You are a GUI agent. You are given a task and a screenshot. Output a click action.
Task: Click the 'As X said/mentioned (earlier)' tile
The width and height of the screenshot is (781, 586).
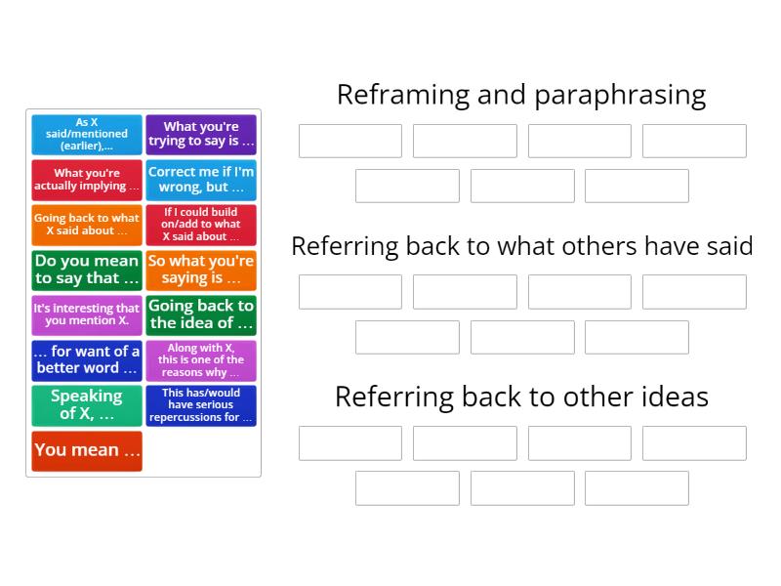pos(87,135)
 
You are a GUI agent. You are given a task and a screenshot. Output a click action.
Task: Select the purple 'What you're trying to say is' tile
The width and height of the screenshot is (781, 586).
pos(201,135)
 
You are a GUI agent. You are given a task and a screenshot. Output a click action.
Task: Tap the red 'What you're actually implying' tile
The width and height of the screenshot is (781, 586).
pos(87,180)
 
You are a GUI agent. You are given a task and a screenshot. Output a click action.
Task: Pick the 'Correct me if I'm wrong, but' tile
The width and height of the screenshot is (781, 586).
pos(201,180)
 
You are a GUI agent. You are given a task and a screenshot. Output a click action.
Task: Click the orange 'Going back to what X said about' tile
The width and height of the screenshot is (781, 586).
pos(87,225)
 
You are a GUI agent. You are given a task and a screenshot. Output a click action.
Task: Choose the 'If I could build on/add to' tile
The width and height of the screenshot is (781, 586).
pos(201,225)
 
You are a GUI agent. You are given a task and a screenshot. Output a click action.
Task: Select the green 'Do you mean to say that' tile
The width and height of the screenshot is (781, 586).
pos(87,270)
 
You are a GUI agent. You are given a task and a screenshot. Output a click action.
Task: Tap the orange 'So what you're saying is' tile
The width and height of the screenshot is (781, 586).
pos(201,270)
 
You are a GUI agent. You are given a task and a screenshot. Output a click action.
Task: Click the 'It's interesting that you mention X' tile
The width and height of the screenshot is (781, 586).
pos(87,314)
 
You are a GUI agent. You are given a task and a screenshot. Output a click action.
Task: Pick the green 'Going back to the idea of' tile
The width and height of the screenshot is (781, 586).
pos(201,314)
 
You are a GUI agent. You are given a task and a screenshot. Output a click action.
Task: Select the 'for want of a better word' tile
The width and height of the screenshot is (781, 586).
pos(87,359)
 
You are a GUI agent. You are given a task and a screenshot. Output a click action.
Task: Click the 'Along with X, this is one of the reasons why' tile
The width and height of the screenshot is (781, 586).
pos(201,359)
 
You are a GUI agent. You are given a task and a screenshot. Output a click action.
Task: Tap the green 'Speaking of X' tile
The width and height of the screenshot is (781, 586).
pos(87,405)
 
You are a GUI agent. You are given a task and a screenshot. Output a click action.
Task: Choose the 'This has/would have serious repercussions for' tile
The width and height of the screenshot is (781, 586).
pos(201,405)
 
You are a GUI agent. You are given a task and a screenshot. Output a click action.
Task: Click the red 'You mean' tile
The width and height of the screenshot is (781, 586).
pos(87,450)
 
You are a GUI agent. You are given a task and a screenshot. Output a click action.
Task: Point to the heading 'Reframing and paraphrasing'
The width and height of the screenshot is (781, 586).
pos(521,95)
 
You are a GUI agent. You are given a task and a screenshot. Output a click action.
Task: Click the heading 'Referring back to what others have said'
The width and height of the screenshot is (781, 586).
pos(521,246)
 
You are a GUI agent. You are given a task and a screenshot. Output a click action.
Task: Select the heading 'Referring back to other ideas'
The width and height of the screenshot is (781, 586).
pos(521,397)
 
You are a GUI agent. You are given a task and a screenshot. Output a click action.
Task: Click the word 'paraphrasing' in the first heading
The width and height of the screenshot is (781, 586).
pos(619,96)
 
